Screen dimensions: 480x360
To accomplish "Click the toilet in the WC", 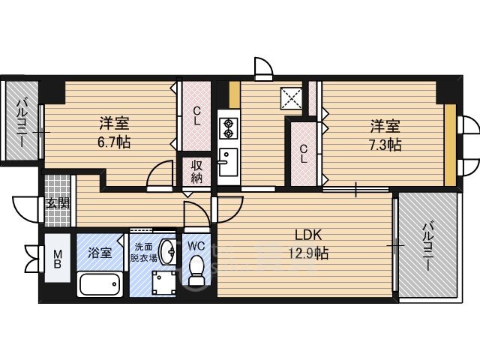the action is [x=196, y=270].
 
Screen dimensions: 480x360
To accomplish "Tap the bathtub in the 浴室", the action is [x=100, y=283].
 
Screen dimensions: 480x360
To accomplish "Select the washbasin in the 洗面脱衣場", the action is [x=168, y=252].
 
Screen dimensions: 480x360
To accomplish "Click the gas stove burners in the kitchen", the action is [x=228, y=128].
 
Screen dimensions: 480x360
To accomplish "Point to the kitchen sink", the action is [x=228, y=162].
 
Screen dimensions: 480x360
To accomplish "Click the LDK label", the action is [x=308, y=235].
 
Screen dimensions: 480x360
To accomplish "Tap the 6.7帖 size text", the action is [x=114, y=142].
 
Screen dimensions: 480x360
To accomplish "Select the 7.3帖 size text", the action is [x=385, y=145].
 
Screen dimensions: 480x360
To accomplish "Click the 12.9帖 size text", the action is [x=308, y=253].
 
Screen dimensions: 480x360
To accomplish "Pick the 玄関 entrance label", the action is [x=58, y=203].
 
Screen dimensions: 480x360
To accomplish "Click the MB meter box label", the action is [x=57, y=259].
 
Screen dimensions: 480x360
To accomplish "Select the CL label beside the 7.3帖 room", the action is [x=303, y=154].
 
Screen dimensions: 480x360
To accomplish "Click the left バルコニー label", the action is [x=21, y=122].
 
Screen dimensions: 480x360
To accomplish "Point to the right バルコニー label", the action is [x=428, y=247].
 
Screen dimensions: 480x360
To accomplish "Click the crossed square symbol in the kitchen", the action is [x=291, y=98].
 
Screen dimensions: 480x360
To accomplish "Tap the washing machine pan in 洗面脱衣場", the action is [x=164, y=283].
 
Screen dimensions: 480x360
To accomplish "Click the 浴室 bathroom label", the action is [x=100, y=253].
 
